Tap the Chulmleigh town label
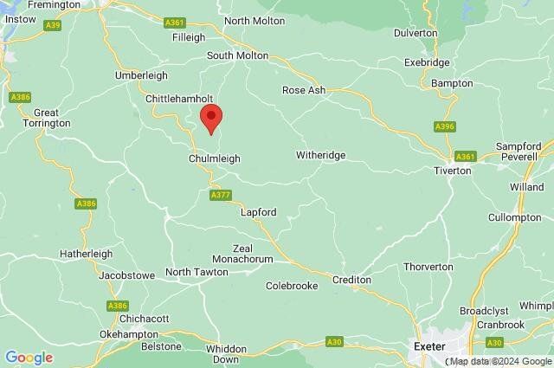pos(214,159)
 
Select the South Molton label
pos(237,55)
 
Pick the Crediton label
pos(352,280)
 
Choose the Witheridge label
pos(320,155)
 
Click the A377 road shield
pos(220,196)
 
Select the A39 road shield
pos(52,25)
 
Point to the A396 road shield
pos(444,126)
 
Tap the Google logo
pos(29,357)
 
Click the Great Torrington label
pos(51,119)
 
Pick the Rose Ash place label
pos(303,90)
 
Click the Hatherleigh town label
pos(86,254)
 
